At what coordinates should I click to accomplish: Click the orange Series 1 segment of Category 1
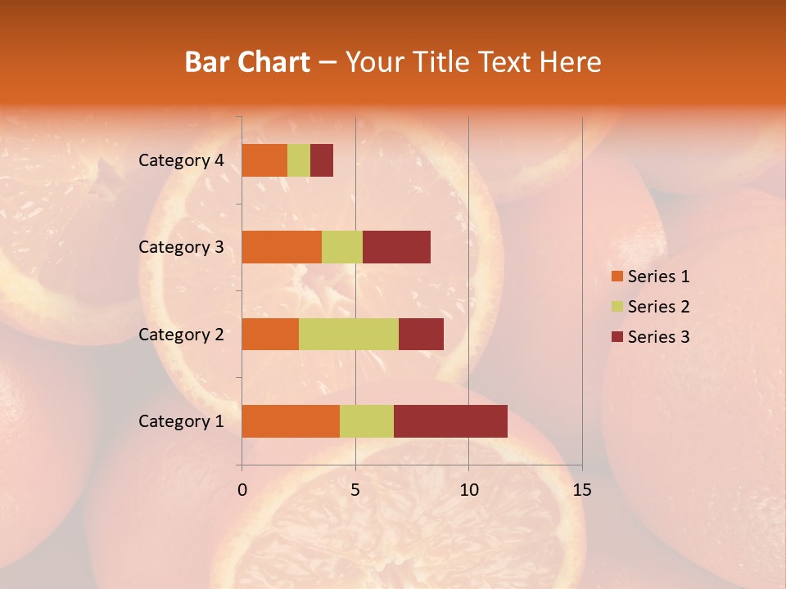point(291,421)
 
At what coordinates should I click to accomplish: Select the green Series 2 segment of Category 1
point(367,421)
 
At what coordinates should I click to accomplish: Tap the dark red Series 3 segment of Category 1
point(450,421)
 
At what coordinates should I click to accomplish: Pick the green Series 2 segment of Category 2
point(349,334)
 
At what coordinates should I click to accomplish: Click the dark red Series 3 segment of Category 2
point(421,334)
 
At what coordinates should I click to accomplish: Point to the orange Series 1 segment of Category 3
point(282,247)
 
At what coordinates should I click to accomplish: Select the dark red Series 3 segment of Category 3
point(396,247)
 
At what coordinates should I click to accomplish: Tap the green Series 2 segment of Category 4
point(299,160)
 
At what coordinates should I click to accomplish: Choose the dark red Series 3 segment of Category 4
point(322,160)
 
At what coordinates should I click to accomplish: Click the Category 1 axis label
point(181,421)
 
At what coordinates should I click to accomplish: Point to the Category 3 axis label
point(181,247)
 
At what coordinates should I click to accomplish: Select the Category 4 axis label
point(181,160)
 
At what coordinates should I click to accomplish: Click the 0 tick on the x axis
point(242,490)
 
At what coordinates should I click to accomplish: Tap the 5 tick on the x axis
point(355,490)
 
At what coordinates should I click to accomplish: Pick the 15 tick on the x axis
point(581,490)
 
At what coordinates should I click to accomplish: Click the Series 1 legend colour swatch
point(617,277)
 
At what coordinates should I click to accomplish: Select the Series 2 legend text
point(658,307)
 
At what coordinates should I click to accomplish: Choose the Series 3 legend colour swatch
point(617,337)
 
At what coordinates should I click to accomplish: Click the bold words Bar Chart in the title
point(247,62)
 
